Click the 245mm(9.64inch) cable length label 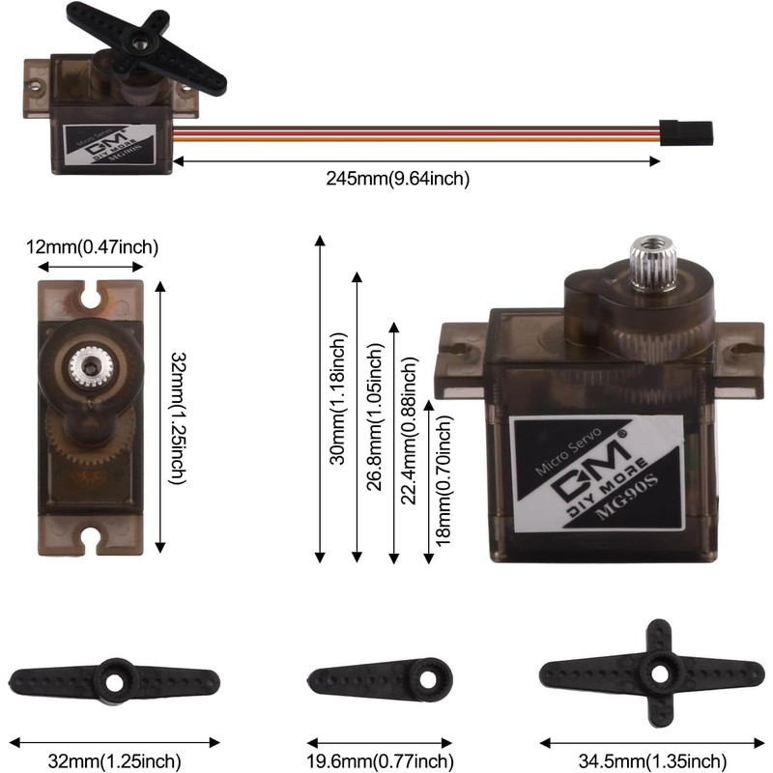[397, 178]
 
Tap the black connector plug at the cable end [686, 133]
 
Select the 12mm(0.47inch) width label [92, 246]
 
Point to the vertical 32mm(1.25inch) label [178, 418]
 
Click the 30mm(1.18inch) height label [338, 399]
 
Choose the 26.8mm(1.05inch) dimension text [375, 417]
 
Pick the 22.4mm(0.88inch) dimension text [409, 430]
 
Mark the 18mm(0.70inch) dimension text [444, 480]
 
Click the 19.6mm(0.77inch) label [380, 761]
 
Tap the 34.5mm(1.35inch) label [652, 761]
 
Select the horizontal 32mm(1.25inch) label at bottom [114, 761]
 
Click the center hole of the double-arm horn [114, 682]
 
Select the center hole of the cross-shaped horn [659, 674]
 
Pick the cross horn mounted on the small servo [147, 47]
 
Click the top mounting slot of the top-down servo [91, 295]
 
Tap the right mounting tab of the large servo [738, 358]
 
